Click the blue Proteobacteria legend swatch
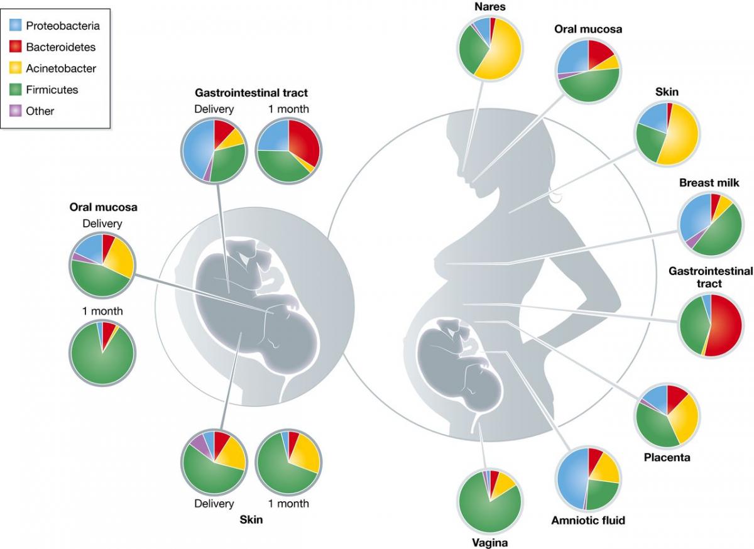16,26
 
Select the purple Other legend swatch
16,111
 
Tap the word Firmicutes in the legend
52,90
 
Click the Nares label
490,8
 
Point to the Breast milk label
709,183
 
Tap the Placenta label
667,457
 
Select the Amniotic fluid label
588,520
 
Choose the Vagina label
489,543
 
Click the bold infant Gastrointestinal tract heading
251,93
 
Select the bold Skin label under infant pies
251,519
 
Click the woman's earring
555,198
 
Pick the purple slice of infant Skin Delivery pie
199,443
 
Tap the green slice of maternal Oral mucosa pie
591,87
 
